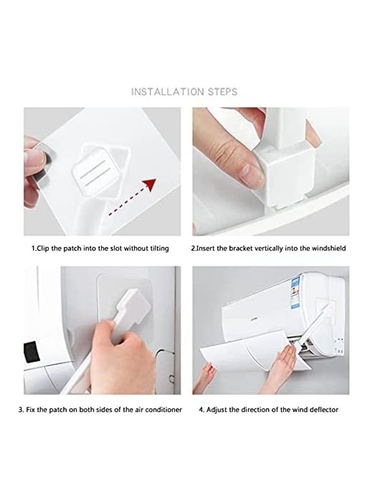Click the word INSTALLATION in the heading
click(x=167, y=92)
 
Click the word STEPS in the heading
click(x=222, y=92)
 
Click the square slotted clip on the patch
click(x=92, y=171)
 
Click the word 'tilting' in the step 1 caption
click(x=159, y=248)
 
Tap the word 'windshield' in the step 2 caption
click(x=329, y=248)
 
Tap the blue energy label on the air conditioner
click(x=296, y=293)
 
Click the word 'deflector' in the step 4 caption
click(x=323, y=410)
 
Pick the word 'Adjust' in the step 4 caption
click(x=216, y=410)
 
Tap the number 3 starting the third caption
click(x=21, y=410)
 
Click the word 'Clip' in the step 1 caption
click(x=43, y=249)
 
